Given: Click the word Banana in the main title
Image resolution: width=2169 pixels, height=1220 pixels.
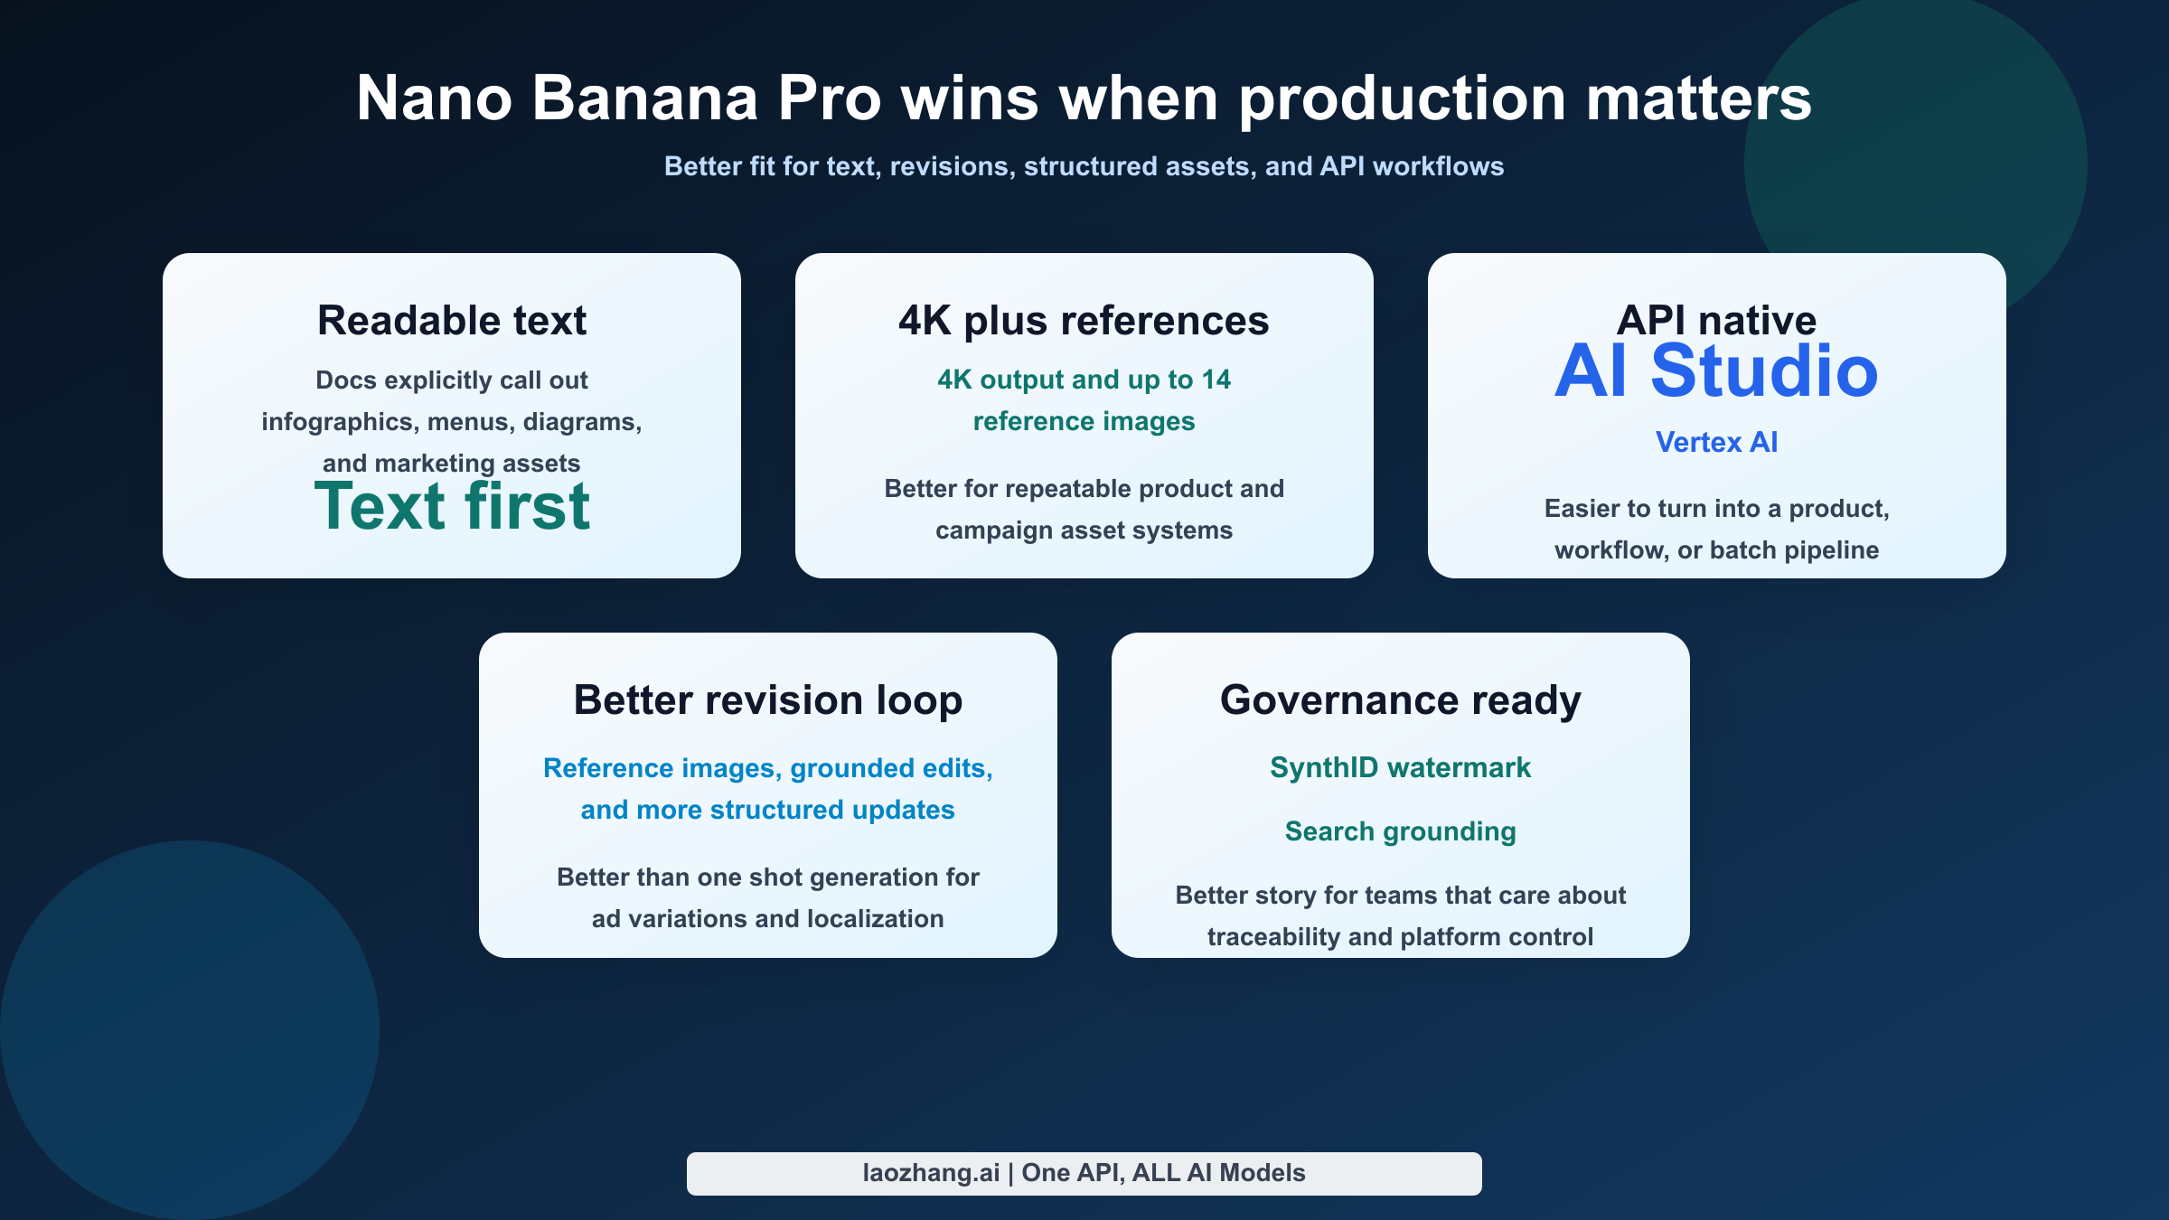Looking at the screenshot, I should point(644,98).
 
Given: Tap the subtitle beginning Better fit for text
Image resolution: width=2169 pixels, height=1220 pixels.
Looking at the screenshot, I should point(1084,166).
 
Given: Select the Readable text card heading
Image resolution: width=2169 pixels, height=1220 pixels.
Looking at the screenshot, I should point(451,321).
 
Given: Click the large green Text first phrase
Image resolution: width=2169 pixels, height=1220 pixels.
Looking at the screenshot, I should point(451,506).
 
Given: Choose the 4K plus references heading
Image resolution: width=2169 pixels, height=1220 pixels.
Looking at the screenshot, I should point(1084,321).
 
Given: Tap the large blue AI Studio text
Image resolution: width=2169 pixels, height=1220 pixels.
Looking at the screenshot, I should point(1716,371).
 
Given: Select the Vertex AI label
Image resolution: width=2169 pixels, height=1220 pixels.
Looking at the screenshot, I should point(1716,442).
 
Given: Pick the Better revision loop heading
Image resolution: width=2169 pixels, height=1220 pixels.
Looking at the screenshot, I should point(767,700).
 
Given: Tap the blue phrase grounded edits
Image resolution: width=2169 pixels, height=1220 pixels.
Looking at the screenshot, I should point(890,768).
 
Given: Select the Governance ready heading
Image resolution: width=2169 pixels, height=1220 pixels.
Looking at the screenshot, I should point(1400,700).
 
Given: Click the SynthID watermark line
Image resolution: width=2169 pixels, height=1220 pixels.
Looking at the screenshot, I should point(1400,768).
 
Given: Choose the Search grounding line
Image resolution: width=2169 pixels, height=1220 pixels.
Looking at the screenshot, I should point(1400,831).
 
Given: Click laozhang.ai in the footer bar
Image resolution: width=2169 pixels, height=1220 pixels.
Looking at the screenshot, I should point(931,1173).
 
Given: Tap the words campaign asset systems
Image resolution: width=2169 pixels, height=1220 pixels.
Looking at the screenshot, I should point(1084,530).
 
